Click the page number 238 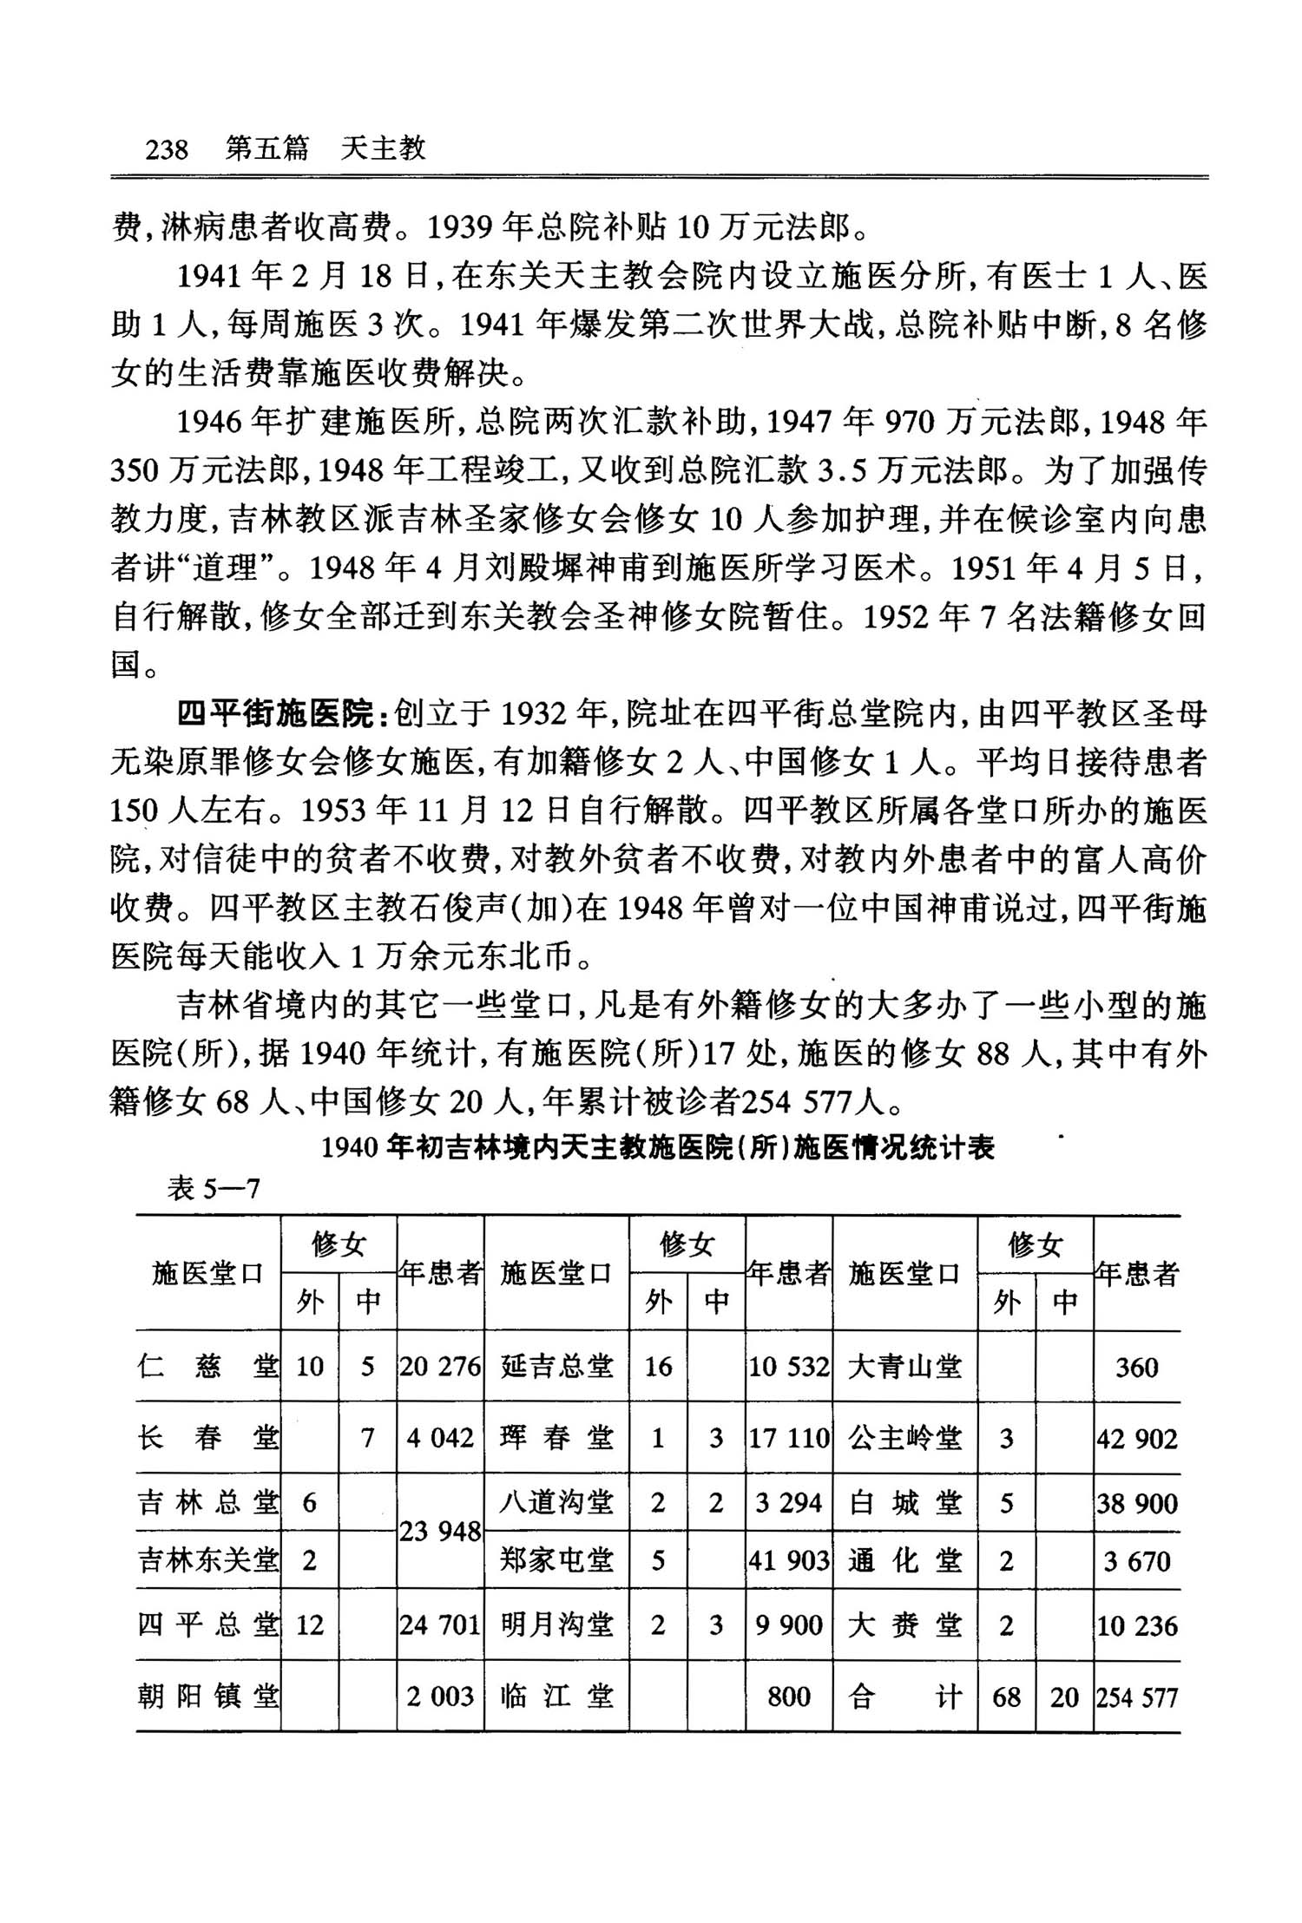(x=167, y=149)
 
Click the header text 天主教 (x=383, y=148)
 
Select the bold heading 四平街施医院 (x=274, y=713)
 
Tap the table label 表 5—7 (x=214, y=1188)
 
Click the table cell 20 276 (x=439, y=1366)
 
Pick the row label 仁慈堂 (x=208, y=1366)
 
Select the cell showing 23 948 (x=440, y=1531)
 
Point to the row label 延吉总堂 (x=557, y=1366)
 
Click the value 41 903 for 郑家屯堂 (x=789, y=1560)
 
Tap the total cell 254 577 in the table (x=1136, y=1697)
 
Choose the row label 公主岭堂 (x=904, y=1438)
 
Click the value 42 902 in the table (x=1136, y=1438)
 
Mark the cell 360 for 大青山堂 (x=1136, y=1367)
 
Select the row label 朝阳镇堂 (x=208, y=1697)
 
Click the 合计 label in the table (x=904, y=1697)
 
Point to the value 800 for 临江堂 (x=788, y=1697)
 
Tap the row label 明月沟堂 (x=557, y=1624)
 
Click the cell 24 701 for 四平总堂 (x=439, y=1624)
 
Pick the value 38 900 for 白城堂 (x=1136, y=1502)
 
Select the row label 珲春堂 (x=557, y=1438)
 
